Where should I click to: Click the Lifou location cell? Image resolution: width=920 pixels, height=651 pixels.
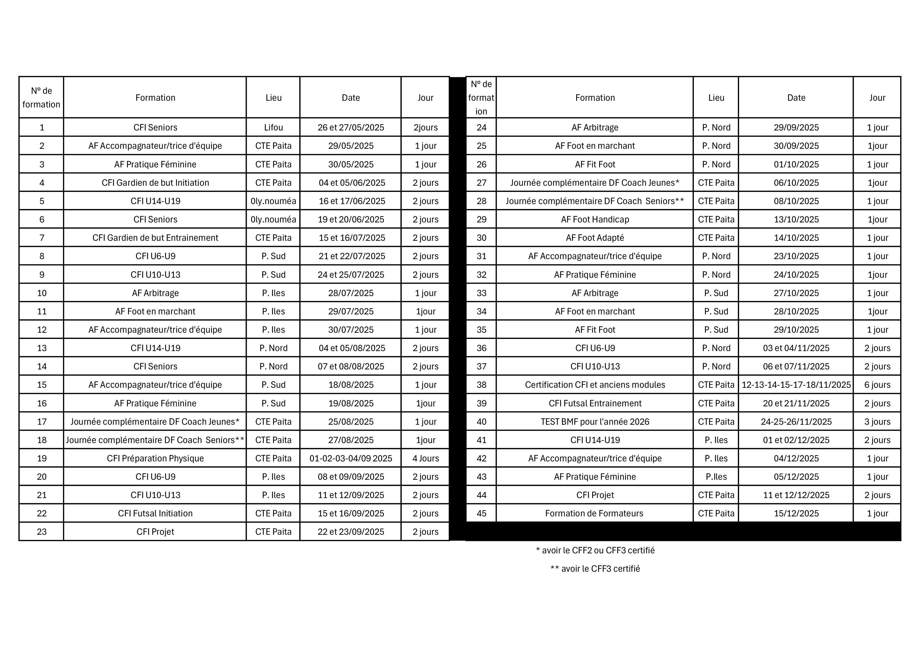click(x=273, y=128)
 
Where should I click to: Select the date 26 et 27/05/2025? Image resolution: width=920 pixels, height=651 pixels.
click(x=351, y=128)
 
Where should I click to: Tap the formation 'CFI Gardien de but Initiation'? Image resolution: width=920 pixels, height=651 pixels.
click(x=155, y=183)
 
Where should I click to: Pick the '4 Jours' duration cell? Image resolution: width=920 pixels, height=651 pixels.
click(x=426, y=459)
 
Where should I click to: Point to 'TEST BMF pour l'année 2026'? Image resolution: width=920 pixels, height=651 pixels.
click(x=595, y=422)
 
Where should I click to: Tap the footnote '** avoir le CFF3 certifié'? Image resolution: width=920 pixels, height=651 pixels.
click(x=595, y=569)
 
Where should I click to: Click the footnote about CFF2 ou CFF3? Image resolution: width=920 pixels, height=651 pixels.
click(x=595, y=550)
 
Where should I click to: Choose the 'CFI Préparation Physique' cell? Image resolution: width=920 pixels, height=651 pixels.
click(x=155, y=459)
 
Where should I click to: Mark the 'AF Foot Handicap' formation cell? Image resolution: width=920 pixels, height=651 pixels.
click(x=595, y=219)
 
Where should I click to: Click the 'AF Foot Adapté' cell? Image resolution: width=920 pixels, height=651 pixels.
click(x=595, y=238)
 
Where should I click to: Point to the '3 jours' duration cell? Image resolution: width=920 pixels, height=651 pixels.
click(x=877, y=422)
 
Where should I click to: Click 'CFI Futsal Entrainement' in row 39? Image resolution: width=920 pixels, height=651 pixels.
click(x=595, y=404)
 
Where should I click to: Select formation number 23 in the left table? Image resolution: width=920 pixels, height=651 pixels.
click(x=42, y=532)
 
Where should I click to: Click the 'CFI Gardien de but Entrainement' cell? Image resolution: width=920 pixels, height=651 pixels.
click(x=155, y=238)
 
